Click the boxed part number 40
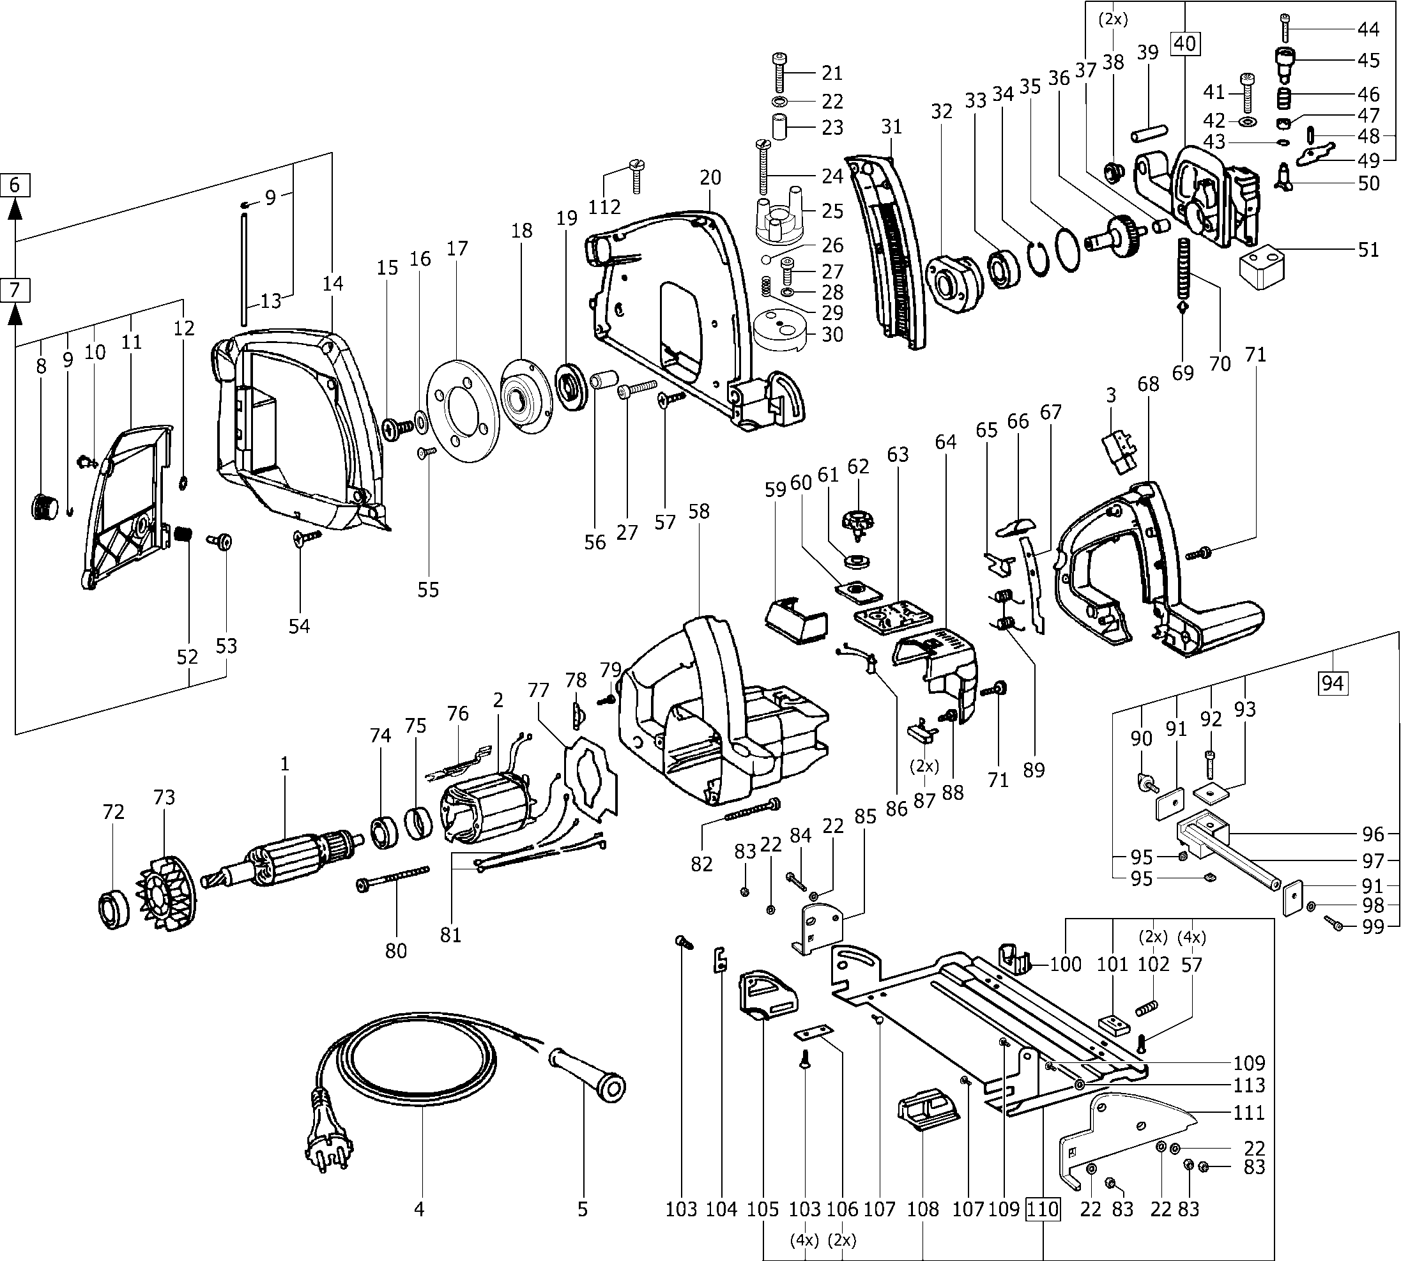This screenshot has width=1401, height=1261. click(x=1185, y=43)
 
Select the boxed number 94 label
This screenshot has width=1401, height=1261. click(x=1333, y=683)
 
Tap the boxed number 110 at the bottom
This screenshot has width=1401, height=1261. click(x=1043, y=1209)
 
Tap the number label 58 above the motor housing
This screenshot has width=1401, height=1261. click(x=699, y=511)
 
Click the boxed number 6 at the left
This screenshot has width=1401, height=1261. click(x=15, y=185)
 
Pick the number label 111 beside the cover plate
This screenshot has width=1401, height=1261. click(x=1249, y=1113)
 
